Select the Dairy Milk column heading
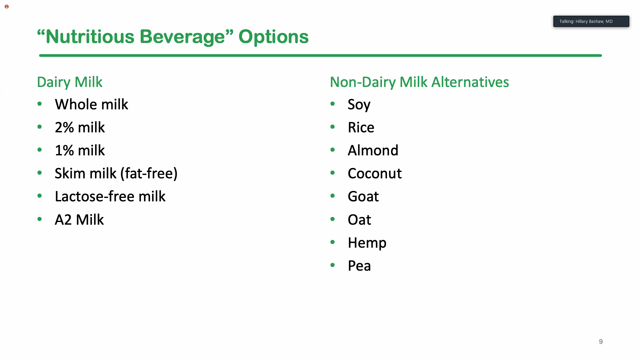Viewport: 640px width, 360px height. (70, 82)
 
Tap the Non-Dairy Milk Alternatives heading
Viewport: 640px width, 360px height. (419, 82)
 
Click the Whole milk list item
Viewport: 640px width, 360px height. (91, 104)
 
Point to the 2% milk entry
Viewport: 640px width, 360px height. (80, 127)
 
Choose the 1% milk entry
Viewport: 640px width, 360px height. (80, 150)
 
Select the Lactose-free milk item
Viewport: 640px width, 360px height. (110, 196)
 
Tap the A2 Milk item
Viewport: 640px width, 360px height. (79, 220)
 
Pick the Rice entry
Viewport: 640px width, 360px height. (361, 127)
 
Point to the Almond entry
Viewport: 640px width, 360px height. (373, 150)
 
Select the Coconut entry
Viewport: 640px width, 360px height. (375, 173)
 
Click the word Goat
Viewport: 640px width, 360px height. (363, 196)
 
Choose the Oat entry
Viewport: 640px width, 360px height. (359, 220)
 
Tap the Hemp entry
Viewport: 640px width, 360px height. (367, 243)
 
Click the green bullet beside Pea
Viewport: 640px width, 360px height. (332, 265)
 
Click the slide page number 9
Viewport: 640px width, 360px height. (601, 342)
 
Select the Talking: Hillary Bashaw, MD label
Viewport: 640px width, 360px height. (586, 21)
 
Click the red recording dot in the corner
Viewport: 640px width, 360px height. (7, 7)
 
